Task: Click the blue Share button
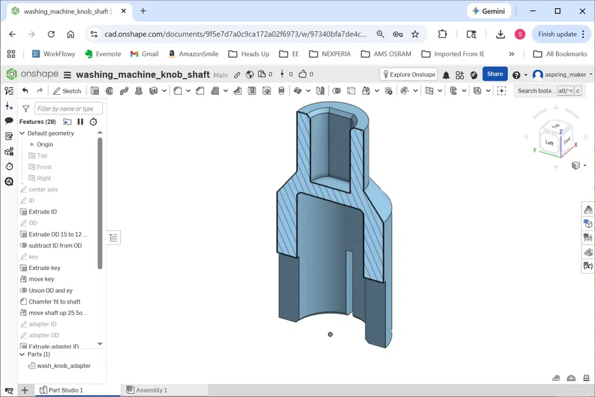pyautogui.click(x=495, y=74)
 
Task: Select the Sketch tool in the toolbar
pyautogui.click(x=67, y=91)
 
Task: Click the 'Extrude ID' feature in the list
pyautogui.click(x=43, y=212)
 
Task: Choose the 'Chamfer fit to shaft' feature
pyautogui.click(x=54, y=302)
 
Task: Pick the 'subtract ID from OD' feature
pyautogui.click(x=55, y=246)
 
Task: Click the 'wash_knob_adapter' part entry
pyautogui.click(x=63, y=366)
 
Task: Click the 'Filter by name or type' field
pyautogui.click(x=68, y=109)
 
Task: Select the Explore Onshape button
pyautogui.click(x=408, y=74)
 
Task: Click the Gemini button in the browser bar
pyautogui.click(x=488, y=11)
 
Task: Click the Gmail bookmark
pyautogui.click(x=144, y=54)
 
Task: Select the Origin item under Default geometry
pyautogui.click(x=44, y=145)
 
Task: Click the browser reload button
pyautogui.click(x=51, y=34)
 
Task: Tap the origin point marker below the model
pyautogui.click(x=330, y=334)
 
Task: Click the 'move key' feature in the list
pyautogui.click(x=41, y=279)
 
